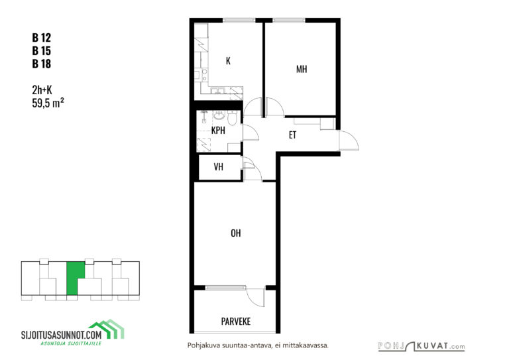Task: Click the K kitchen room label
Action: pyautogui.click(x=228, y=61)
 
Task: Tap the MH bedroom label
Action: pyautogui.click(x=302, y=69)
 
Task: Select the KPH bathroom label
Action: pyautogui.click(x=218, y=130)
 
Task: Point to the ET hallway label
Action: pyautogui.click(x=292, y=135)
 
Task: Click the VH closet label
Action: pyautogui.click(x=219, y=167)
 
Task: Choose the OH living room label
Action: pyautogui.click(x=236, y=233)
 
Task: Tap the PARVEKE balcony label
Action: pyautogui.click(x=236, y=322)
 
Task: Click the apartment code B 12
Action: pyautogui.click(x=42, y=38)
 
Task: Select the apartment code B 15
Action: pyautogui.click(x=42, y=50)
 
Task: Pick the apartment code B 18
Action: pyautogui.click(x=42, y=64)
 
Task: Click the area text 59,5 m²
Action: pyautogui.click(x=48, y=103)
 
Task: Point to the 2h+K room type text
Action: pyautogui.click(x=42, y=90)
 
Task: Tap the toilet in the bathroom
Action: pyautogui.click(x=232, y=118)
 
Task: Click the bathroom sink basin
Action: pyautogui.click(x=219, y=115)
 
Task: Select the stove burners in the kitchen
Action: pyautogui.click(x=205, y=75)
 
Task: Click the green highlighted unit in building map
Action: pyautogui.click(x=75, y=278)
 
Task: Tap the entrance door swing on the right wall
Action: pyautogui.click(x=349, y=141)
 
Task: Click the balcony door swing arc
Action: pyautogui.click(x=256, y=297)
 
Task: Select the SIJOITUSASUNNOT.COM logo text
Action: pyautogui.click(x=62, y=335)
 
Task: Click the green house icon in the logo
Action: pyautogui.click(x=107, y=329)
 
